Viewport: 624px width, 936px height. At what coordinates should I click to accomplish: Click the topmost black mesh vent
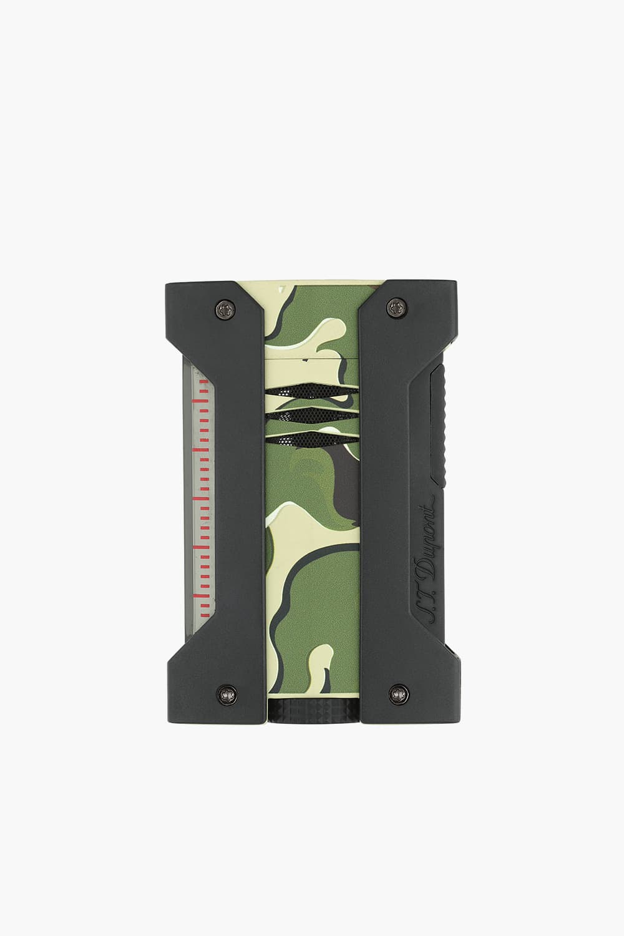[312, 391]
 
